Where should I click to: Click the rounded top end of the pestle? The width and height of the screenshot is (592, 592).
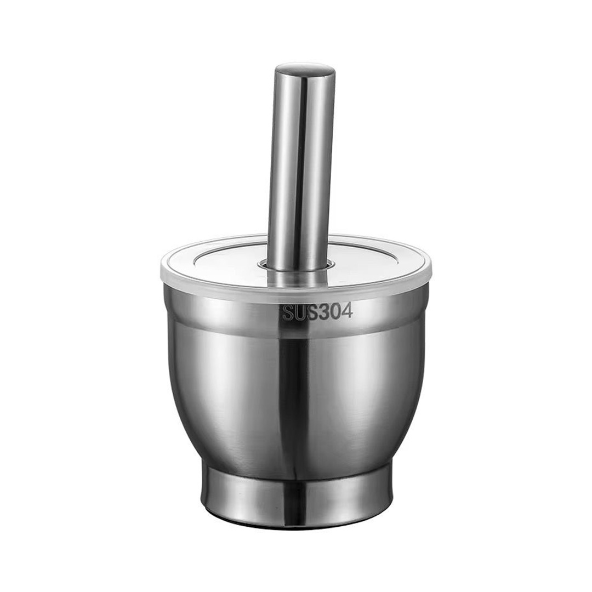[305, 71]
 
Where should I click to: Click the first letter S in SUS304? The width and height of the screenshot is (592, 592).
[288, 313]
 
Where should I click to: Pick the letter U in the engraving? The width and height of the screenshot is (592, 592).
[300, 313]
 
